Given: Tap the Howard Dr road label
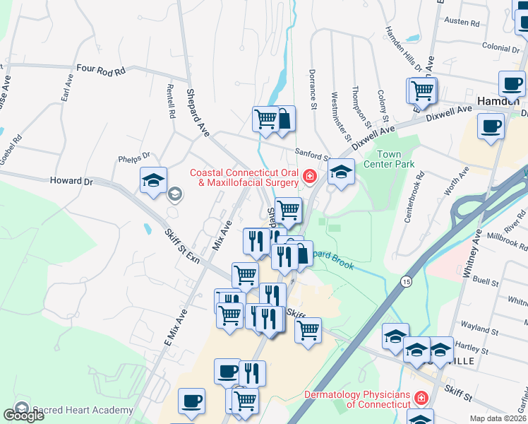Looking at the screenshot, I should tap(71, 182).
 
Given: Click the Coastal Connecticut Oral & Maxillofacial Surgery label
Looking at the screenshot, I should tap(244, 177).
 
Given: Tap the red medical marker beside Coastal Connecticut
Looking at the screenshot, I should tap(308, 177).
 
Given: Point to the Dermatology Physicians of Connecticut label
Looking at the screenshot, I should tap(358, 399).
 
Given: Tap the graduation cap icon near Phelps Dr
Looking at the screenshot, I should tap(153, 180).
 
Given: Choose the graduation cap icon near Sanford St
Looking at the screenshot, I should tap(341, 172).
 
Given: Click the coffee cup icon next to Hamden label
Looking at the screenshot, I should tap(511, 84).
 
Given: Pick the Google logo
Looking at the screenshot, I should tap(24, 416).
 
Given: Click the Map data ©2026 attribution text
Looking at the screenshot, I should tap(498, 418).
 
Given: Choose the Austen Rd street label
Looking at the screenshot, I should tap(462, 22).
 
